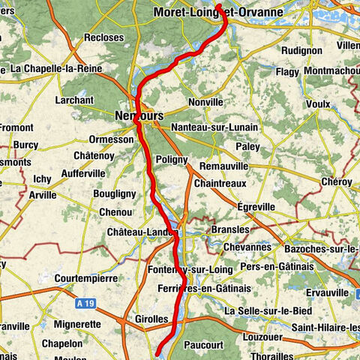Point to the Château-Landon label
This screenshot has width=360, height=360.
[x=142, y=232]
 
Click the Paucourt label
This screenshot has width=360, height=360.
[x=223, y=345]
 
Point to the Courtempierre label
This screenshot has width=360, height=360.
[x=85, y=277]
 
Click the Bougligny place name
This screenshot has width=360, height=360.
[x=114, y=193]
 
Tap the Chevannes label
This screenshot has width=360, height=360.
[x=247, y=247]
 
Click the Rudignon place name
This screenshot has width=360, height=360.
[x=302, y=50]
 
